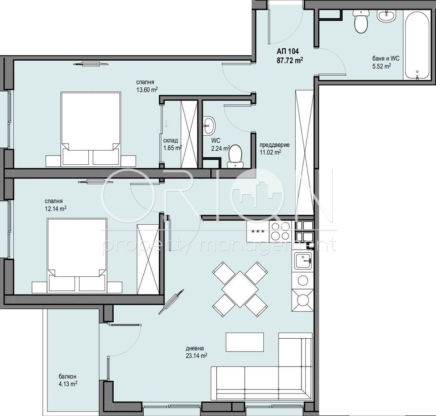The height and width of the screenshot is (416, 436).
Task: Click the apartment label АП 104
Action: click(x=288, y=51)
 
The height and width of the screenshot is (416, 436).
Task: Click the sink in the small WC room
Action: click(x=209, y=125)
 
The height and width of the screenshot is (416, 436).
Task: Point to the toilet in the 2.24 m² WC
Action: click(x=235, y=156)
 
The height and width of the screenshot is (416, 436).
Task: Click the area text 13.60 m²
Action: click(x=147, y=90)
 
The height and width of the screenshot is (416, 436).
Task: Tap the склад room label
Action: click(x=170, y=141)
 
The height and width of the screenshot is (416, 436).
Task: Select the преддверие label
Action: click(x=274, y=145)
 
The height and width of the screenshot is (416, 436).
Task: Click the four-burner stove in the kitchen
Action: click(x=280, y=231)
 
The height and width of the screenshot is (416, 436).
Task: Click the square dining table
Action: click(x=240, y=289)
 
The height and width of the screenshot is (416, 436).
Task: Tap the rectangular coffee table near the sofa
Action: click(x=244, y=342)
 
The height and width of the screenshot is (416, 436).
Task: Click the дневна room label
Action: click(x=194, y=348)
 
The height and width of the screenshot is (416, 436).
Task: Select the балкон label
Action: click(x=67, y=376)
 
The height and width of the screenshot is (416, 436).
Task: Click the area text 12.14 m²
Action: click(x=56, y=208)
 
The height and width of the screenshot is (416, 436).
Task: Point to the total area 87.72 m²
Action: click(x=290, y=60)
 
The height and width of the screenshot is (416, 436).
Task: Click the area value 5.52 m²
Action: click(x=382, y=67)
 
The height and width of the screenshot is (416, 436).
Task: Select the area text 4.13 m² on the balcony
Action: click(x=68, y=384)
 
